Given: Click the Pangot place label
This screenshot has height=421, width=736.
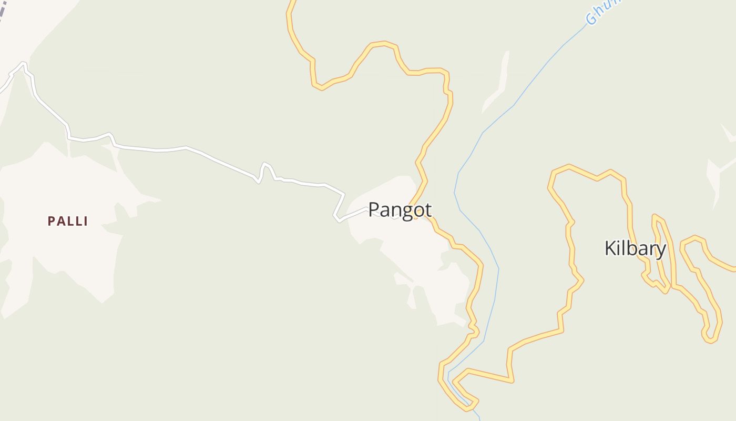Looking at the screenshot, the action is [x=400, y=210].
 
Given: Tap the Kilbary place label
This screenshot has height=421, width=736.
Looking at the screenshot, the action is [x=635, y=248].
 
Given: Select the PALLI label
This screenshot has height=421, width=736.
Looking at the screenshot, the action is [x=68, y=221].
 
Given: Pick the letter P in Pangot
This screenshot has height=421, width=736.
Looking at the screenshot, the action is [x=374, y=209].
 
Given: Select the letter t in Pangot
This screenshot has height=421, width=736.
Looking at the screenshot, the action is [x=428, y=210].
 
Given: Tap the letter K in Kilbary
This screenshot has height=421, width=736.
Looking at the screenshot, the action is [x=610, y=248].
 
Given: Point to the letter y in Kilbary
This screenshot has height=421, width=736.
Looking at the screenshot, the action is [x=661, y=250].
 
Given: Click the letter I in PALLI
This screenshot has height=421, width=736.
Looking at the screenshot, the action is [x=85, y=221].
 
